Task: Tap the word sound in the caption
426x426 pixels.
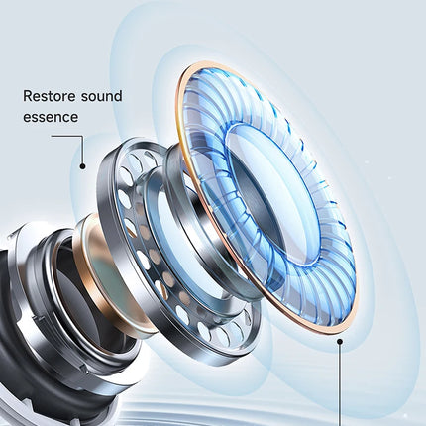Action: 102,96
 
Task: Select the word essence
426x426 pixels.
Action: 51,117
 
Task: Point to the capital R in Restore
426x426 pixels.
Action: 27,96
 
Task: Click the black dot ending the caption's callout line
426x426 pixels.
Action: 82,166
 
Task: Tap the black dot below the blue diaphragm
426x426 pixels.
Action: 339,341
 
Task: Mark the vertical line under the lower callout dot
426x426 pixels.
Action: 340,384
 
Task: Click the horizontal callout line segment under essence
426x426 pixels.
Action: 66,136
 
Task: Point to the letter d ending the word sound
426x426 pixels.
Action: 118,96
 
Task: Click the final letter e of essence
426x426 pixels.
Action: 74,118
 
